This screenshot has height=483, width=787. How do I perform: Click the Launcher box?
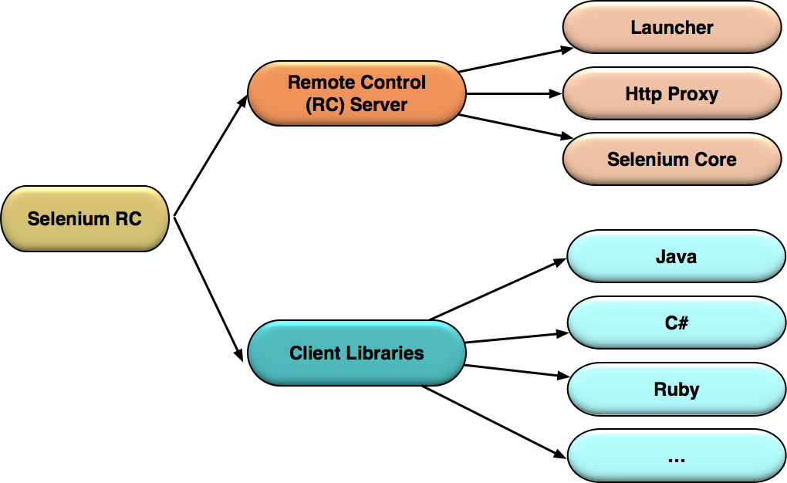(672, 28)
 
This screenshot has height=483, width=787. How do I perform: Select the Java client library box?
(676, 256)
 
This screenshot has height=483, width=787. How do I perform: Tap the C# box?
(676, 323)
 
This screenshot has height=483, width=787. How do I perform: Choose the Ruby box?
(676, 389)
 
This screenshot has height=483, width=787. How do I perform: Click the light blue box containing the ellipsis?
(676, 456)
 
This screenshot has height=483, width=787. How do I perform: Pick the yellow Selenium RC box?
(85, 218)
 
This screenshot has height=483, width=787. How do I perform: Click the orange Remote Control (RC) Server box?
(356, 93)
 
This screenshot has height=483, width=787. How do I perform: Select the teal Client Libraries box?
(356, 353)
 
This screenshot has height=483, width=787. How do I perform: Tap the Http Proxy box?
(672, 94)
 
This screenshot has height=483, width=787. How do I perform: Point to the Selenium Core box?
(672, 160)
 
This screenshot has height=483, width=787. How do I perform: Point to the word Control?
(393, 82)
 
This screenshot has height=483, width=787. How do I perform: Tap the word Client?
(314, 353)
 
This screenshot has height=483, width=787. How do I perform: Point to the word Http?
(641, 94)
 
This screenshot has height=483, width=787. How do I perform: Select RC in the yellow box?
(128, 218)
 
